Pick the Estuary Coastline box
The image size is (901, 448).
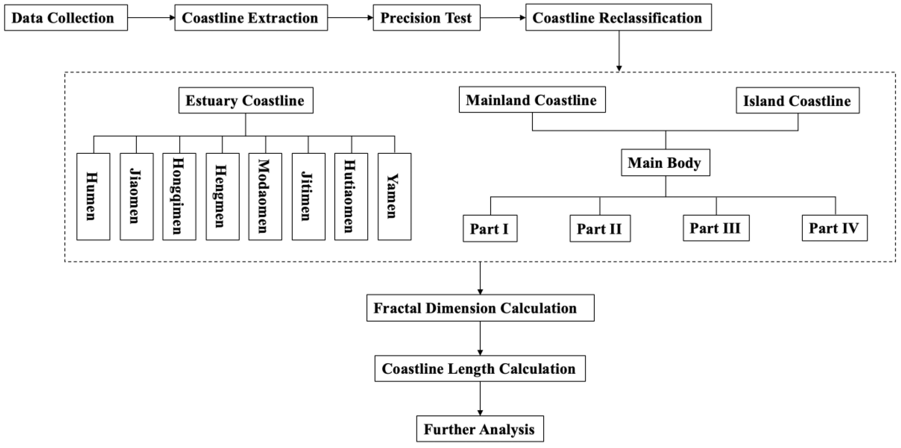tap(246, 101)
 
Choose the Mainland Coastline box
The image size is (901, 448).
tap(532, 100)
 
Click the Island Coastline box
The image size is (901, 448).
tap(797, 101)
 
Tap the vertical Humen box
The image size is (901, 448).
tap(93, 196)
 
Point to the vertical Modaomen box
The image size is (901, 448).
tap(265, 196)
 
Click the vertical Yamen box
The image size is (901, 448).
tap(394, 196)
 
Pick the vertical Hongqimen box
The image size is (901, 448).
tap(179, 196)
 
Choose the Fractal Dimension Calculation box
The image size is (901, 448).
tap(480, 308)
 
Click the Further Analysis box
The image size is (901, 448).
tap(480, 429)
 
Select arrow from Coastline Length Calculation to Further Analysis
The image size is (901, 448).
tap(480, 398)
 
